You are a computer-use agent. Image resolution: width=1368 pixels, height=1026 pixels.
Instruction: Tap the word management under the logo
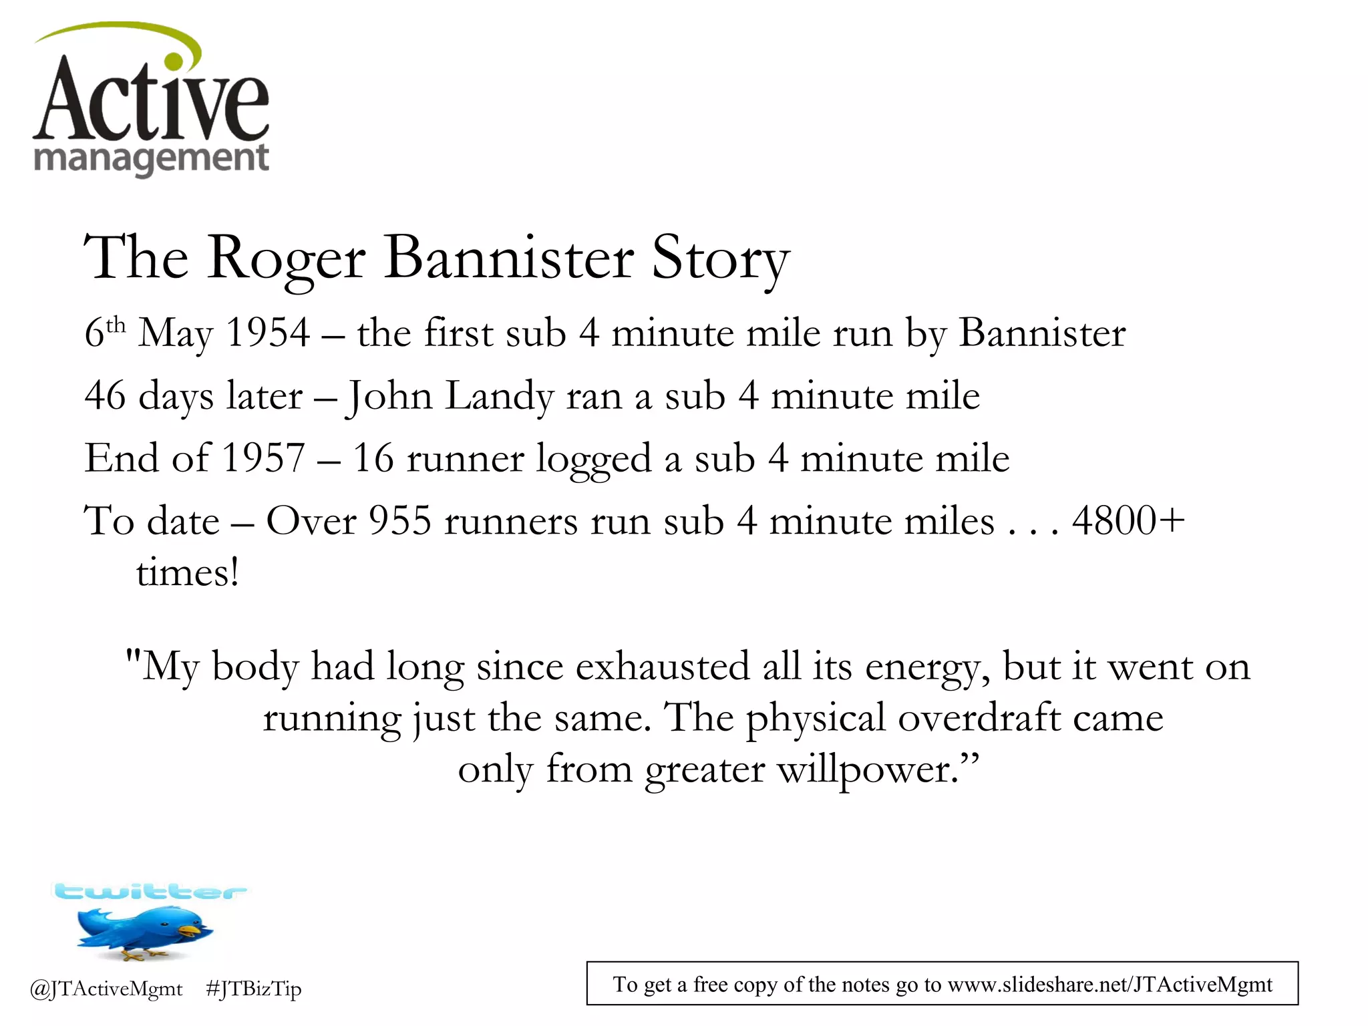[x=151, y=159]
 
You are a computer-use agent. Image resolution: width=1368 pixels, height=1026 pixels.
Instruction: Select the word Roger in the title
[x=286, y=259]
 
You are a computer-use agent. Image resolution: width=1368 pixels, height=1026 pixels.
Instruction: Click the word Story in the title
[x=720, y=259]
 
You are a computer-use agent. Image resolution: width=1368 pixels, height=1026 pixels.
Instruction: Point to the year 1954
[x=268, y=332]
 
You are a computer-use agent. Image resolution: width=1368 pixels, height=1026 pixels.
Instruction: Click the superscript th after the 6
[x=116, y=325]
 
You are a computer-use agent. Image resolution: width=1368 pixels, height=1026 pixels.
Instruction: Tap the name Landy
[x=499, y=395]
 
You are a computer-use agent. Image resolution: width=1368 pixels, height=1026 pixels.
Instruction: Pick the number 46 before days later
[x=105, y=395]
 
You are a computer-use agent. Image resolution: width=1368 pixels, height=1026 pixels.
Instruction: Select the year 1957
[x=263, y=458]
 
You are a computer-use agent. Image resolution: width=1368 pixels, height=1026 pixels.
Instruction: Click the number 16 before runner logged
[x=373, y=458]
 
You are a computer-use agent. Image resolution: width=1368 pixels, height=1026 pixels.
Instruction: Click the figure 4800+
[x=1128, y=521]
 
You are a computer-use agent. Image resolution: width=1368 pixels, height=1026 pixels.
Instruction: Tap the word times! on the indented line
[x=188, y=573]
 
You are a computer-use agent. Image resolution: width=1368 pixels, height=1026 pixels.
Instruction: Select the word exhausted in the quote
[x=662, y=667]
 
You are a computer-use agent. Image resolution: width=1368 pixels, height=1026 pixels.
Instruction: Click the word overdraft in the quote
[x=979, y=718]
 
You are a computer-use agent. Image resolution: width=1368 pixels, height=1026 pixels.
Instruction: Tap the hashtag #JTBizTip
[x=254, y=989]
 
